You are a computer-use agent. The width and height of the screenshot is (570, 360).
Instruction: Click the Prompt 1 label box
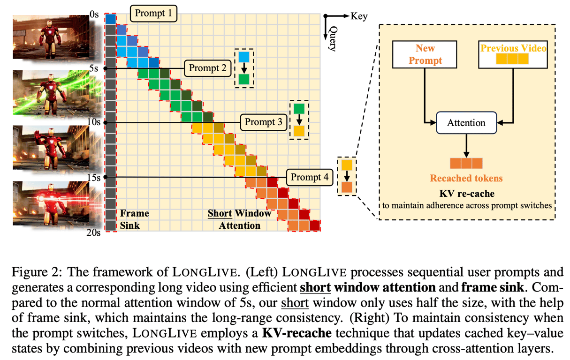(153, 14)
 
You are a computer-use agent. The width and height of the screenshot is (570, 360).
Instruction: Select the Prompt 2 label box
(207, 68)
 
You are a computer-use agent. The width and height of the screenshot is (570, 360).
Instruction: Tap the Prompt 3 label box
(264, 122)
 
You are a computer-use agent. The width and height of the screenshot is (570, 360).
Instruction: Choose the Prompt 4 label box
(310, 177)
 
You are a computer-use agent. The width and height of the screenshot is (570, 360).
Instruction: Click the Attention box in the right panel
(466, 123)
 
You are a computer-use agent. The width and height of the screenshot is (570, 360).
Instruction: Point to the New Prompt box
(425, 54)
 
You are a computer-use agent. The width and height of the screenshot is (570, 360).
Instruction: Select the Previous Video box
(513, 54)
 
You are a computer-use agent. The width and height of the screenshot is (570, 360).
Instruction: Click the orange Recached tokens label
(466, 178)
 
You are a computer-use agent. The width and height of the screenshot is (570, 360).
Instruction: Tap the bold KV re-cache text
(467, 194)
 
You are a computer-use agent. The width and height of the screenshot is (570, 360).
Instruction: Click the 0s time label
(94, 14)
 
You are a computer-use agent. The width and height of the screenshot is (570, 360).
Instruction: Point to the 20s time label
(93, 232)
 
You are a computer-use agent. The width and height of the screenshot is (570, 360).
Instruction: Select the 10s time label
(94, 122)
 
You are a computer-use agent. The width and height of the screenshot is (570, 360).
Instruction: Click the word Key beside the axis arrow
(359, 16)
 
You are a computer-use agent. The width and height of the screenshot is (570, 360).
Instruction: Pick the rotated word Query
(333, 38)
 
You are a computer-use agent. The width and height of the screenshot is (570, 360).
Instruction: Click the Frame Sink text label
(134, 219)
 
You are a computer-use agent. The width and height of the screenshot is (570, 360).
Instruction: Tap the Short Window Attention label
(239, 219)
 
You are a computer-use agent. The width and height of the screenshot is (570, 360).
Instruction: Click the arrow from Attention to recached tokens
(466, 146)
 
